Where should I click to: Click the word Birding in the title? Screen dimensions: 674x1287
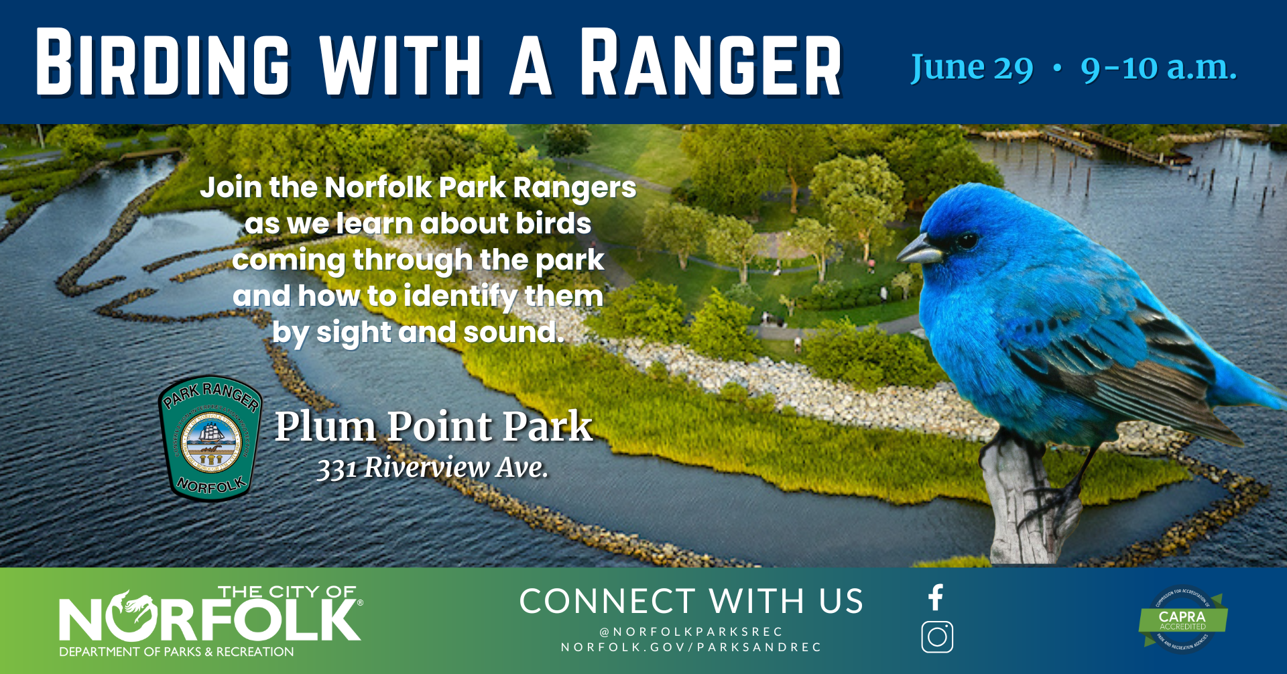[x=163, y=64]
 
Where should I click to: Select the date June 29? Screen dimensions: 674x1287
[x=971, y=68]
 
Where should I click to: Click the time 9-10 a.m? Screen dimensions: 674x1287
[x=1158, y=68]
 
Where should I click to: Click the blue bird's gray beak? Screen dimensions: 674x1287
[x=918, y=251]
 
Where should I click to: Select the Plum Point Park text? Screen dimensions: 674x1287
[x=434, y=427]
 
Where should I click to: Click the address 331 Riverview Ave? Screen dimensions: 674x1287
[x=432, y=467]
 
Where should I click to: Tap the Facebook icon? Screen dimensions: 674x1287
[x=936, y=597]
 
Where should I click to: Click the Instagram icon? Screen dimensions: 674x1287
[x=937, y=637]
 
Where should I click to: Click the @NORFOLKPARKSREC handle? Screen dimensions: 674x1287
[x=691, y=632]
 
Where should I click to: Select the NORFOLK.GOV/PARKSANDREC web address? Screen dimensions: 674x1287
[x=691, y=647]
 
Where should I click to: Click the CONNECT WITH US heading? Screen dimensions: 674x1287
[x=691, y=602]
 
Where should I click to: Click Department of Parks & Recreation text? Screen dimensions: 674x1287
[x=176, y=652]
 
